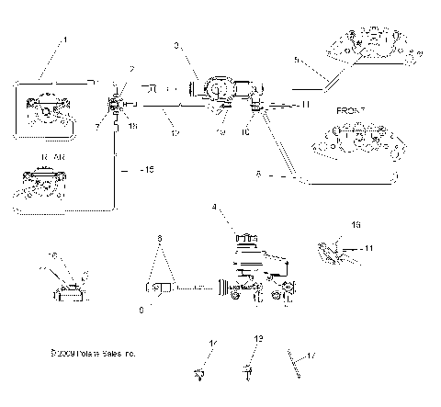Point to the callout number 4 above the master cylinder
pos(214,208)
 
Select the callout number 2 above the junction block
pos(131,69)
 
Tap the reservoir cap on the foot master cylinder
pos(244,240)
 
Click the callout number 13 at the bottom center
pos(257,339)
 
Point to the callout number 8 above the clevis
pos(161,236)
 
